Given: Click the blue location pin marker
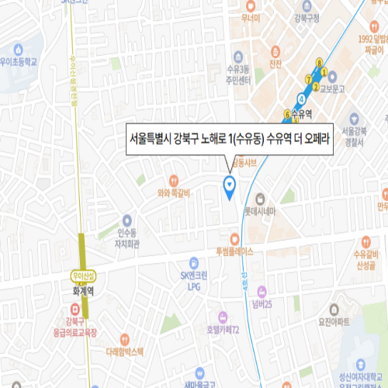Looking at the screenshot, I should (229, 184).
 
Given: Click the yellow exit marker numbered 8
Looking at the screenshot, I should (319, 62).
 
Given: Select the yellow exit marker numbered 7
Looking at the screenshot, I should (309, 79).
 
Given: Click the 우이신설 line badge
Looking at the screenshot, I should (80, 275).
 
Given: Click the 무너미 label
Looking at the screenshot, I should (250, 18).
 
